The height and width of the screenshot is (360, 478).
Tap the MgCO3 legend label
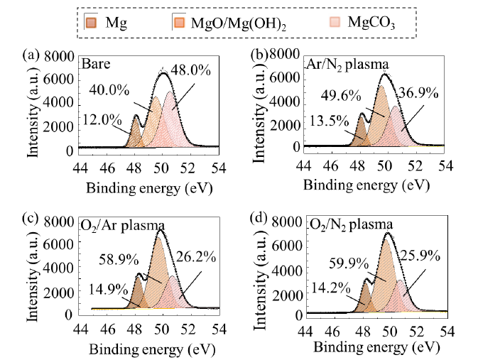(371, 23)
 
